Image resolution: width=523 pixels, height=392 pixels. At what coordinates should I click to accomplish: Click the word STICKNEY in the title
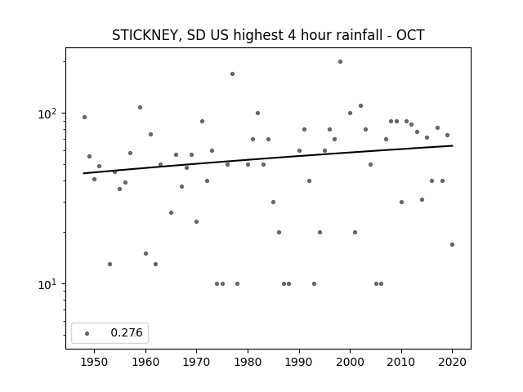click(146, 35)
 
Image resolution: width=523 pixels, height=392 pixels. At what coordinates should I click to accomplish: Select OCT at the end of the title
click(410, 35)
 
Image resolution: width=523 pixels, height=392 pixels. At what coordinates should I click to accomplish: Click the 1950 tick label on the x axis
click(95, 362)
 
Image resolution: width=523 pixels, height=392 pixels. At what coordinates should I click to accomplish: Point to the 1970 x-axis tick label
click(196, 362)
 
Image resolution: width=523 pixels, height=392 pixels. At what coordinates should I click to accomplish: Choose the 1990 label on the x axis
click(299, 362)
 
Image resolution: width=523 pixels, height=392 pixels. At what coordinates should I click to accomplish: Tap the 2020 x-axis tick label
click(452, 362)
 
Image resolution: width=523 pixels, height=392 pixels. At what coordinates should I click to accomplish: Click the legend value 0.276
click(127, 332)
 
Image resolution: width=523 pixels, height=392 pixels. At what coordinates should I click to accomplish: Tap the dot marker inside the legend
click(87, 333)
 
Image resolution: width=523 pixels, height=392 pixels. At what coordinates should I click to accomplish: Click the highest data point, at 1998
click(340, 62)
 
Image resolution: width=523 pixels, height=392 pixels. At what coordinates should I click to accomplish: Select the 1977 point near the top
click(232, 74)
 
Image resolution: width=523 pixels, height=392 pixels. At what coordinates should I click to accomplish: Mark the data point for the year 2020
click(452, 245)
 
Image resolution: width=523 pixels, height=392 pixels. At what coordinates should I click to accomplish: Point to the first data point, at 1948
click(84, 118)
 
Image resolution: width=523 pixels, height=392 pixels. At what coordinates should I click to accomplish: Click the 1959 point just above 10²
click(140, 107)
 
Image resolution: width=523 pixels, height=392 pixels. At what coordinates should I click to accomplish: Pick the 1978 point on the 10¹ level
click(238, 284)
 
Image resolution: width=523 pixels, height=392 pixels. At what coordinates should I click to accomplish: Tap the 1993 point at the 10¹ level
click(314, 284)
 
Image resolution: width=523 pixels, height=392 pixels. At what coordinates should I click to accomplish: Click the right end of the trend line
click(453, 145)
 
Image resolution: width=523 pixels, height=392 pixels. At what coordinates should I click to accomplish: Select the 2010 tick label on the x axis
click(401, 362)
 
